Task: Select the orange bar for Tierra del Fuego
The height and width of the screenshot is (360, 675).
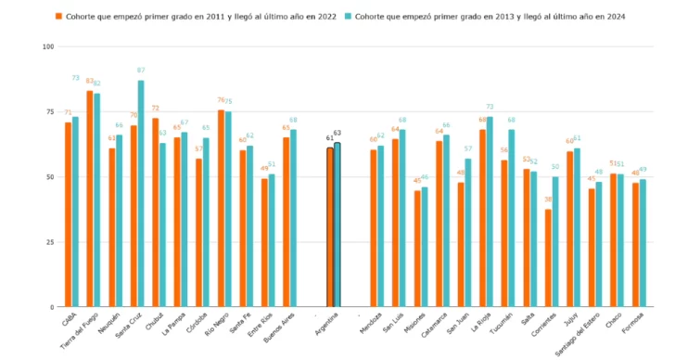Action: point(90,199)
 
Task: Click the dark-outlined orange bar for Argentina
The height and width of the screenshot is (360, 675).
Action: point(329,227)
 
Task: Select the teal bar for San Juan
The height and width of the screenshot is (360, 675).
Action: point(468,232)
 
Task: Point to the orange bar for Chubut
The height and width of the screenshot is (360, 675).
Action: point(155,212)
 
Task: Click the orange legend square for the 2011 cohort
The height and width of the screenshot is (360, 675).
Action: point(59,16)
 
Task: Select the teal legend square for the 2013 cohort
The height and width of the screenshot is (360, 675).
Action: point(349,16)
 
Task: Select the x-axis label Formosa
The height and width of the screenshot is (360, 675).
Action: point(634,326)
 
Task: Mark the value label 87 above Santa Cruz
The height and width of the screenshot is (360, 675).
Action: point(141,71)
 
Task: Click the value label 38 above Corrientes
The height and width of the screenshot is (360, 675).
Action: point(548,199)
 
